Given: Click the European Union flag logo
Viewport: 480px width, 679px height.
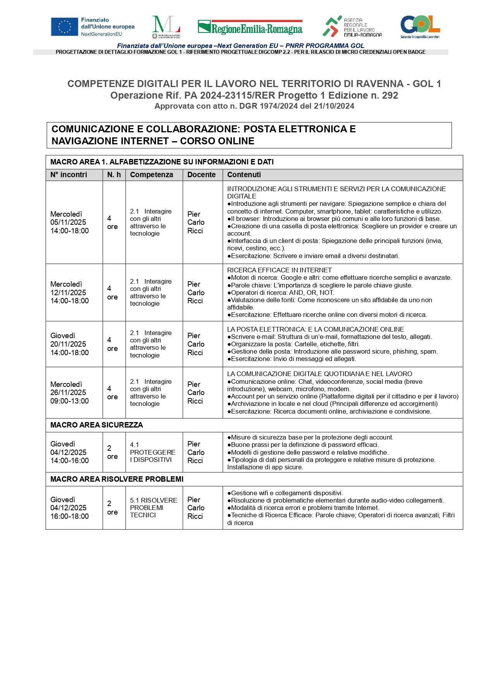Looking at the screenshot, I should point(64,27).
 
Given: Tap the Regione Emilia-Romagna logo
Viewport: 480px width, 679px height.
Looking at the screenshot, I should point(250,27).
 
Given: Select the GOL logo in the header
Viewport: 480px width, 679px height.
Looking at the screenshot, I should point(420,27).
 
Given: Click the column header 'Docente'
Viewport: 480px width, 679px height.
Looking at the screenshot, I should point(201,174).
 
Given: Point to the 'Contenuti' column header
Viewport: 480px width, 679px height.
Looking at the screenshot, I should point(244,174).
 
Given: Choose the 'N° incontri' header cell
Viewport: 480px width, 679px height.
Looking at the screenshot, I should point(69,174).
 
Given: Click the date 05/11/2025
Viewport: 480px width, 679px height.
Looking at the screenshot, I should point(68,222).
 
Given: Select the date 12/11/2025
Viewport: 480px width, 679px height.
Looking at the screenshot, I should point(68,292).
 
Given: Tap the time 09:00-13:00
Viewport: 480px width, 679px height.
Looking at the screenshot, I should point(70,401).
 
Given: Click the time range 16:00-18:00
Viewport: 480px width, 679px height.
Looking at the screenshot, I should point(70,516).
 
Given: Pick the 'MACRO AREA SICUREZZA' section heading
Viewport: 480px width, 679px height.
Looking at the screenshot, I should point(96,425).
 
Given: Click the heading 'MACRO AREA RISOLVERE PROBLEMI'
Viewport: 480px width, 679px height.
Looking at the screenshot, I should point(117,479).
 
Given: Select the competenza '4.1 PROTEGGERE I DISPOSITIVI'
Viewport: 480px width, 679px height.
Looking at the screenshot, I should point(153,452).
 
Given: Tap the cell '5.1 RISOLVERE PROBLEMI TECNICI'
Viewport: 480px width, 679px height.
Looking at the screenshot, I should point(153,508).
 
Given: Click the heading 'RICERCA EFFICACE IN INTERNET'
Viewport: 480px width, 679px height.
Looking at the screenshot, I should point(279,270).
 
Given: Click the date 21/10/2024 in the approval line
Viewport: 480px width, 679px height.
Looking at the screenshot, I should point(334,106).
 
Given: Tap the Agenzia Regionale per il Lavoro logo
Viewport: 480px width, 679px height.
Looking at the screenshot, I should point(352,27).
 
